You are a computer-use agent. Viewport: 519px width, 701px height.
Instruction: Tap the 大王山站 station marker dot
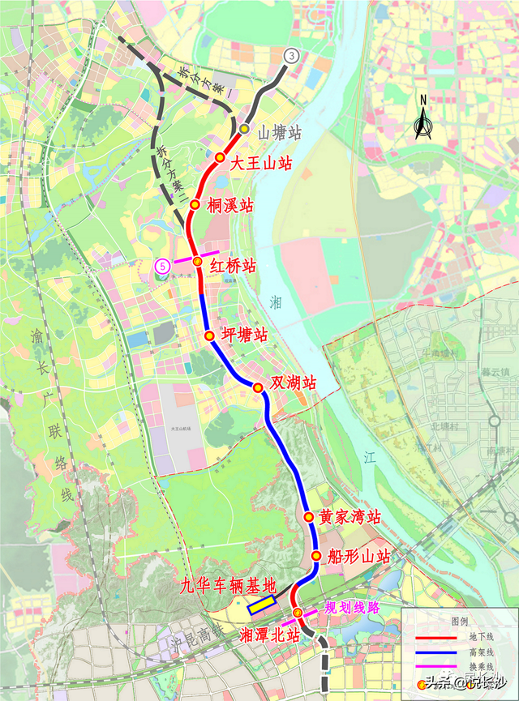pyautogui.click(x=220, y=157)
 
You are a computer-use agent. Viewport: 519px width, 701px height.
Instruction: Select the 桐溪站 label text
pyautogui.click(x=230, y=206)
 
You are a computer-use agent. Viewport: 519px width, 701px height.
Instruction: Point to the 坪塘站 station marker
pyautogui.click(x=208, y=336)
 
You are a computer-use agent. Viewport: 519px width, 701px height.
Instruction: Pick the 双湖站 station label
pyautogui.click(x=294, y=383)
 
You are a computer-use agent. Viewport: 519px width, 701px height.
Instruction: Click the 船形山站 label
pyautogui.click(x=360, y=557)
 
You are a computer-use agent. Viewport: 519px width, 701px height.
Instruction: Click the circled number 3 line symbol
pyautogui.click(x=291, y=55)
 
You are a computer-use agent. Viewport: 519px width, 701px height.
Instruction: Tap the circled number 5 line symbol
pyautogui.click(x=163, y=265)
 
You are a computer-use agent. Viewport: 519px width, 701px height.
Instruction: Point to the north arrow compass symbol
pyautogui.click(x=422, y=120)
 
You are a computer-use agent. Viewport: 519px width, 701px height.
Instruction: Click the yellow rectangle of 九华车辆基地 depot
pyautogui.click(x=261, y=605)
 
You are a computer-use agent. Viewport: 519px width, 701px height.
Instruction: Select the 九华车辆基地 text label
pyautogui.click(x=228, y=585)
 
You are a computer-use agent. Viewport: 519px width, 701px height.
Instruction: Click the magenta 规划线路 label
pyautogui.click(x=351, y=607)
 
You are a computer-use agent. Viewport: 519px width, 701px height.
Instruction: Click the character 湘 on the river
pyautogui.click(x=277, y=303)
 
